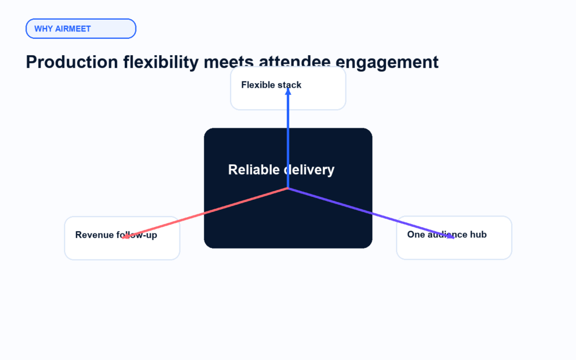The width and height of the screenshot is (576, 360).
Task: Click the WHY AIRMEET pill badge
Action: tap(81, 29)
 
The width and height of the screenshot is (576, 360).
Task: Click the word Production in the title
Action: tap(71, 62)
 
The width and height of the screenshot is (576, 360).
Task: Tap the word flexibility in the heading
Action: tap(160, 62)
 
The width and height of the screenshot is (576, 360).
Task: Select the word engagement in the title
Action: tap(387, 62)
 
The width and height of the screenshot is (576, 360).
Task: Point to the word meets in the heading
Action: tap(228, 62)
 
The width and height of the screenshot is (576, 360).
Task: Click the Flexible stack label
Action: tap(271, 85)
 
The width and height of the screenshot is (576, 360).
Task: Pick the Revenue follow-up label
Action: tap(116, 235)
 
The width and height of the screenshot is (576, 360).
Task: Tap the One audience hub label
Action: tap(447, 235)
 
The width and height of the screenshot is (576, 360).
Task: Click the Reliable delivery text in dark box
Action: tap(281, 170)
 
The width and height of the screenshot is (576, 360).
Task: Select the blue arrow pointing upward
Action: tap(288, 138)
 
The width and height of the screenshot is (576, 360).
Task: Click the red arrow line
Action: tap(205, 213)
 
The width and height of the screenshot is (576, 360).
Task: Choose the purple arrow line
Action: tap(371, 213)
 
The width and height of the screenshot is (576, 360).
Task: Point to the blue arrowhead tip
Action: tap(288, 88)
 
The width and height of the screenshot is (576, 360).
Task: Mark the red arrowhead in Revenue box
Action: tap(125, 237)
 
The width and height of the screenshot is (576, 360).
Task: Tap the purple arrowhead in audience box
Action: tap(451, 236)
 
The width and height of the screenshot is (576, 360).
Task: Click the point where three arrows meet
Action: tap(288, 188)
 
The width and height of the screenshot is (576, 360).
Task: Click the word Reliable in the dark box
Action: tap(254, 170)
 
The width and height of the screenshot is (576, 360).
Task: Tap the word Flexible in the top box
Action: tap(256, 85)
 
